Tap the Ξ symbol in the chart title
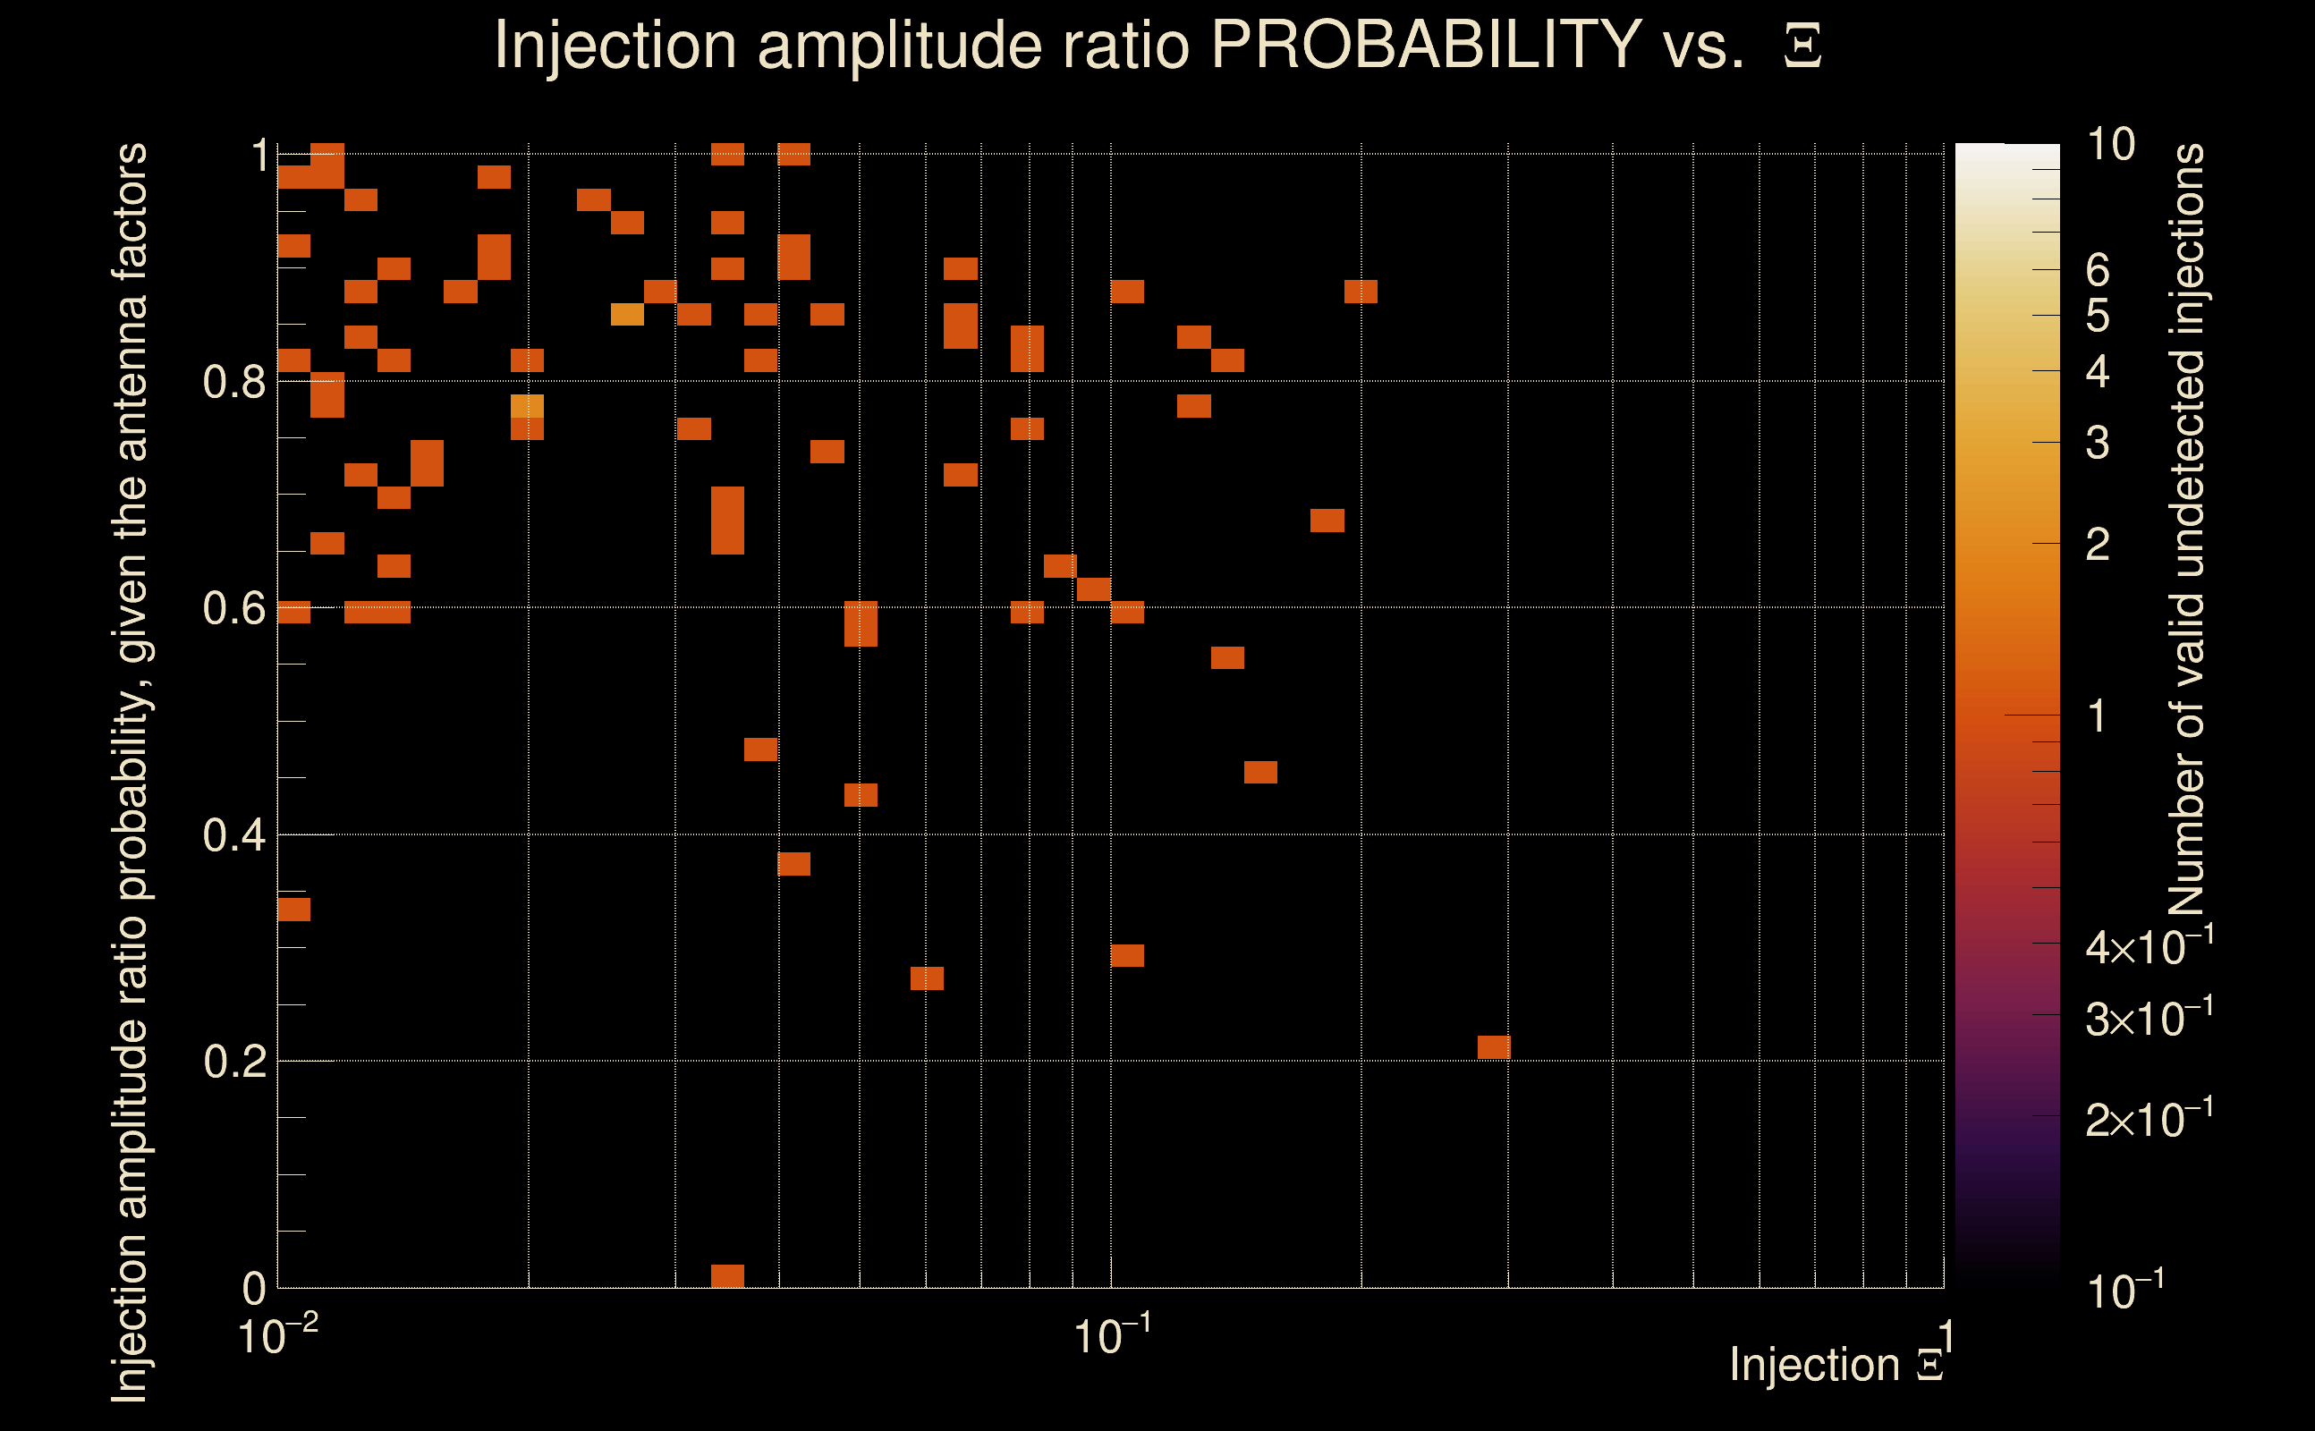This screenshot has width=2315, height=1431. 1802,47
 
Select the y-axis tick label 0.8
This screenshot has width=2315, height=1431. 233,383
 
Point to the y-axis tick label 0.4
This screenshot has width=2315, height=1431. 233,835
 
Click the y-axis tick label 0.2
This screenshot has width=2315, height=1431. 233,1062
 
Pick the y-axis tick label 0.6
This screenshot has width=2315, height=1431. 233,608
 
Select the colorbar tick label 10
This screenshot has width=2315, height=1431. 2110,145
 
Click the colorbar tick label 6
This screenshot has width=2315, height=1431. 2098,271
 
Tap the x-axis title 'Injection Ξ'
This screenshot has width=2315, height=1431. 1836,1365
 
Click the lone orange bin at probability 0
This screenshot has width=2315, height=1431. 727,1275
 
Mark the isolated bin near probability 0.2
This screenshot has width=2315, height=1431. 1494,1046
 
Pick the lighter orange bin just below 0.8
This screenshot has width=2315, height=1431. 527,406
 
